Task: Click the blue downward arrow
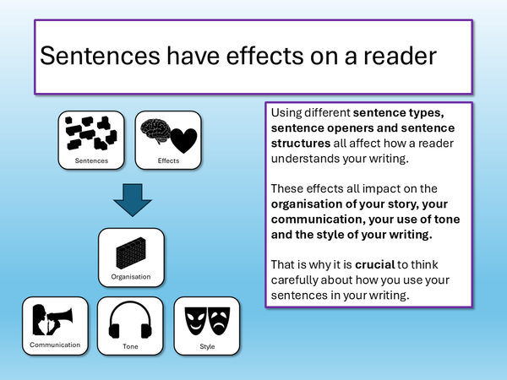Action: coord(130,202)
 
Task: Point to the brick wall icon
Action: coord(130,249)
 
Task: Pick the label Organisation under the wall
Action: coord(130,275)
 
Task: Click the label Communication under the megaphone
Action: coord(55,345)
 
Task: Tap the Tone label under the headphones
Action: coord(130,345)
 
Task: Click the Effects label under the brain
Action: coord(168,160)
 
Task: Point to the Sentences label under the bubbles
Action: coord(90,160)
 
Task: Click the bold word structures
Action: coord(301,144)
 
